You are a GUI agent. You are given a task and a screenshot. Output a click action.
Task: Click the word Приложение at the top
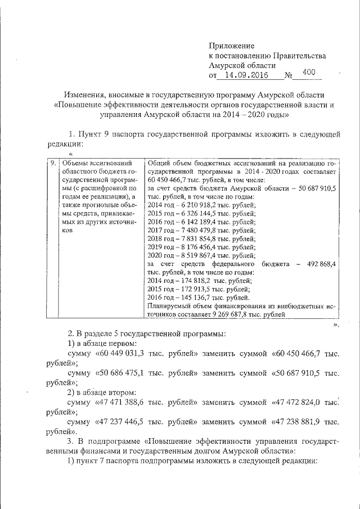232,45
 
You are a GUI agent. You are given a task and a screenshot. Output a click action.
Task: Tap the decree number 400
309,72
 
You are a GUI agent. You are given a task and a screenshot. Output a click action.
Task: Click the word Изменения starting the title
87,94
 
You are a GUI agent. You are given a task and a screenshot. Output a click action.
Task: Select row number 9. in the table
53,163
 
